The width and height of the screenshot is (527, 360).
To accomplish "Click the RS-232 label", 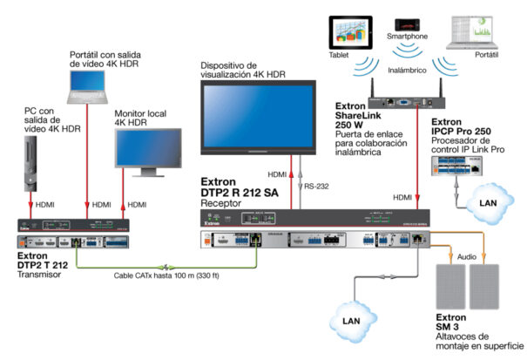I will pyautogui.click(x=316, y=185).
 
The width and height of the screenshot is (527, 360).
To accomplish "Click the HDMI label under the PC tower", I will pyautogui.click(x=44, y=205).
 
